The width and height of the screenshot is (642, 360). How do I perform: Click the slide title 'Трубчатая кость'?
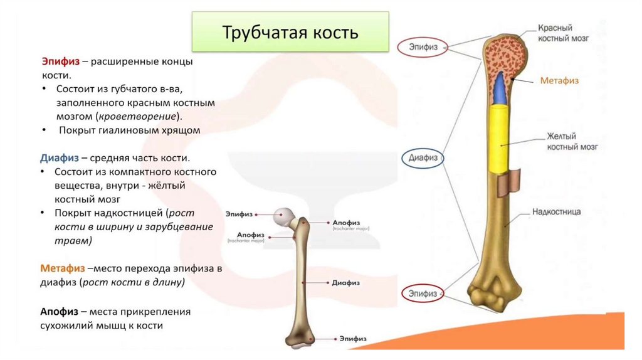pyautogui.click(x=290, y=33)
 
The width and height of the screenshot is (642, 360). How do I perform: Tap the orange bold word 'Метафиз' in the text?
pyautogui.click(x=63, y=268)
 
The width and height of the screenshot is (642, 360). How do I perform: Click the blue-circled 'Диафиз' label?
pyautogui.click(x=423, y=158)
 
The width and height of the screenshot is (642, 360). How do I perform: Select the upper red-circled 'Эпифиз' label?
pyautogui.click(x=423, y=46)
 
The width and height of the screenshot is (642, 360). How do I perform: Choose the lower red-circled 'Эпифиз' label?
pyautogui.click(x=423, y=293)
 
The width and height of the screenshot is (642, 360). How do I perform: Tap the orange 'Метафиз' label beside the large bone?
pyautogui.click(x=559, y=81)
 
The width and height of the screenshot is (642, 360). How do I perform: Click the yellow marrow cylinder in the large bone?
pyautogui.click(x=500, y=135)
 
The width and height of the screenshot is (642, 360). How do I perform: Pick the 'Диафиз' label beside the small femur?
pyautogui.click(x=345, y=283)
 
